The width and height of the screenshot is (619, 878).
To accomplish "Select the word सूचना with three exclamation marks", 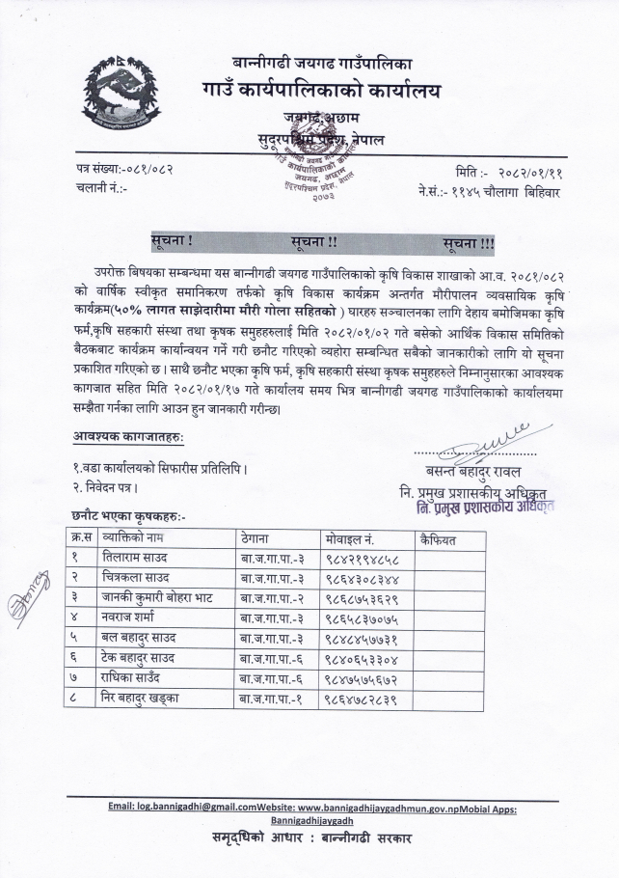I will pyautogui.click(x=469, y=237).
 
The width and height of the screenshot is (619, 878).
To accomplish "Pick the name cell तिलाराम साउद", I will pyautogui.click(x=138, y=556).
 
